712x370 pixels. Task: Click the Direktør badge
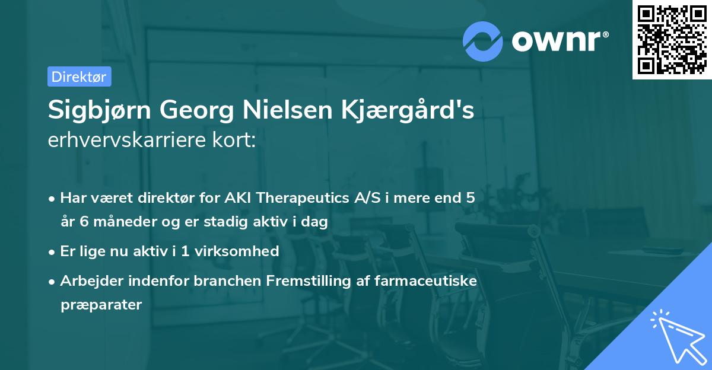(x=79, y=76)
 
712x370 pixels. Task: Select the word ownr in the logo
(x=558, y=40)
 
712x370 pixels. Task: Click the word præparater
(x=101, y=305)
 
